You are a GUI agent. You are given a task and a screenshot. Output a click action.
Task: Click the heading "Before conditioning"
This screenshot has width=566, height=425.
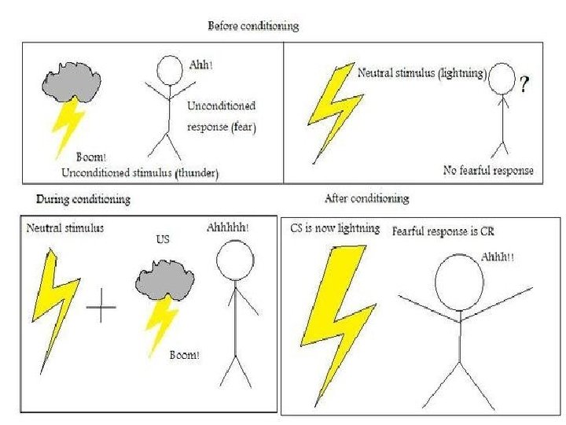252,26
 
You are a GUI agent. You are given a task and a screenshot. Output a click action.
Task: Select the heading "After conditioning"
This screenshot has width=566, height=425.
366,198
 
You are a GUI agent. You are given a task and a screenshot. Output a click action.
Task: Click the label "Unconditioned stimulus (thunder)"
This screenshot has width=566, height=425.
139,171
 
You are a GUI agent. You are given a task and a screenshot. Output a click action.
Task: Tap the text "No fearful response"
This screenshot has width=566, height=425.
487,170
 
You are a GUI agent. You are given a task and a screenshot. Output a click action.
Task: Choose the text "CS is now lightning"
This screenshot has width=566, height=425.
329,229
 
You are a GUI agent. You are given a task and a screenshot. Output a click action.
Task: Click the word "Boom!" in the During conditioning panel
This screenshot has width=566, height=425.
185,355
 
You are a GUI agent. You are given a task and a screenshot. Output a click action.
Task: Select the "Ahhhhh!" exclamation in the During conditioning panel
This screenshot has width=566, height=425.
228,228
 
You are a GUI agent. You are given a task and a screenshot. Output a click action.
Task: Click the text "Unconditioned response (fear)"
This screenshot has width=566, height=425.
222,115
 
